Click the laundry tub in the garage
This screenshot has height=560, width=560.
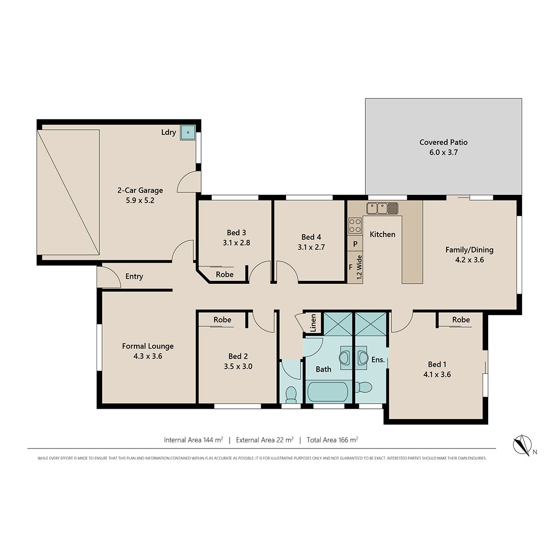click(188, 133)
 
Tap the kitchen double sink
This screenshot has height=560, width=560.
click(382, 208)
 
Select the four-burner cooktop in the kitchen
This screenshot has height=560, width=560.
click(355, 226)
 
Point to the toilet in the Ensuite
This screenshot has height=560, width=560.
click(364, 387)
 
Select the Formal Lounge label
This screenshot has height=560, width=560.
click(147, 346)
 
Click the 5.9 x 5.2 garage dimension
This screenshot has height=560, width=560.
click(140, 200)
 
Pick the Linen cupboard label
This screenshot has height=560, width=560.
click(313, 323)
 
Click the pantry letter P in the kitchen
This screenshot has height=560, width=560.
click(355, 244)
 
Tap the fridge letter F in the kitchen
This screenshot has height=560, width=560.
click(350, 267)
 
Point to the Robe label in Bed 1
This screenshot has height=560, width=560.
click(461, 320)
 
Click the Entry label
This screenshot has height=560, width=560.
click(134, 276)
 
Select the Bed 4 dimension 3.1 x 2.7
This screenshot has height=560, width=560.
click(311, 247)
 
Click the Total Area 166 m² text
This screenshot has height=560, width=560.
click(332, 440)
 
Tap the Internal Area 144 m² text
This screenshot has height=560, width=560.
click(194, 440)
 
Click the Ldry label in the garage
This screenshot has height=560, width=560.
click(168, 133)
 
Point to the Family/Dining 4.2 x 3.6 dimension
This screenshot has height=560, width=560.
click(469, 260)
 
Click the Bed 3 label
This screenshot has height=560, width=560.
click(236, 232)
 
